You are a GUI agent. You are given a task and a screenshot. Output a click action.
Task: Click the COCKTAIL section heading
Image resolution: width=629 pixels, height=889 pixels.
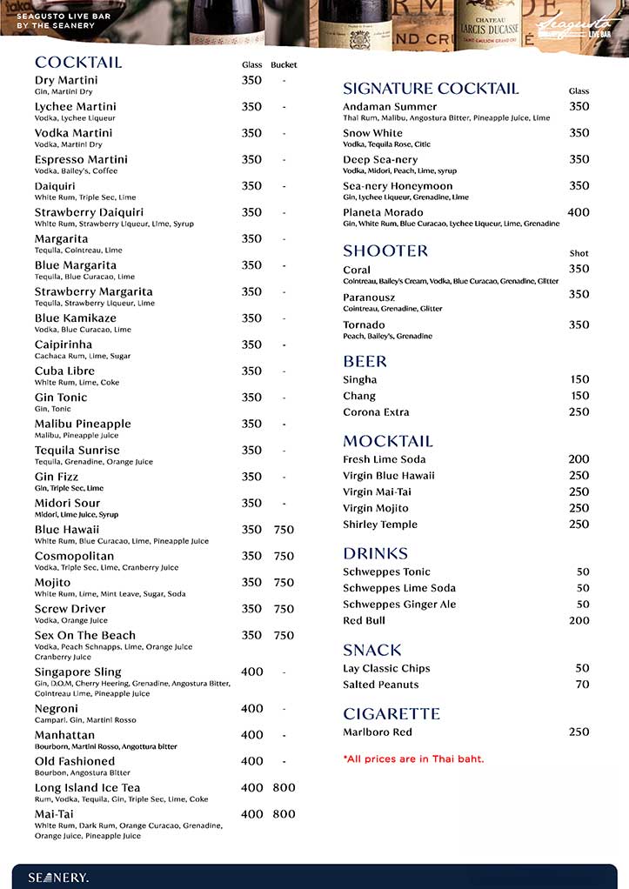[x=78, y=63]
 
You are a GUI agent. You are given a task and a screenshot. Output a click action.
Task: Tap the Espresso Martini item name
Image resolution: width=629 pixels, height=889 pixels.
[x=81, y=159]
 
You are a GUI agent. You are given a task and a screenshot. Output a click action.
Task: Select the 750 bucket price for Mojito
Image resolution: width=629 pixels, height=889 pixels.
[x=284, y=583]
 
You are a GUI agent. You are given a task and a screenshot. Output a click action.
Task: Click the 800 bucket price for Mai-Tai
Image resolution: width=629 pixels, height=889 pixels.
[x=284, y=814]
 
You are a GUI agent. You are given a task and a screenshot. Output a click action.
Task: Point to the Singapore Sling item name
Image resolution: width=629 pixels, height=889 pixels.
[x=77, y=672]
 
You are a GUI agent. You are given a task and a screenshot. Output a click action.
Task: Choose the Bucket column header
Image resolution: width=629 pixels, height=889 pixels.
[x=284, y=65]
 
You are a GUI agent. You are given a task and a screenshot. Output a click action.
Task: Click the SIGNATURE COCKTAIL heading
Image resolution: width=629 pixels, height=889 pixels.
[x=431, y=89]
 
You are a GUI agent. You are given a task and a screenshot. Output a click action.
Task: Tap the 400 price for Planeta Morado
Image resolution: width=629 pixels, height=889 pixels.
[x=578, y=212]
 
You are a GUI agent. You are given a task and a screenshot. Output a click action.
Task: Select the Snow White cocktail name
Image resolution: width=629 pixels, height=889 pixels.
[x=372, y=133]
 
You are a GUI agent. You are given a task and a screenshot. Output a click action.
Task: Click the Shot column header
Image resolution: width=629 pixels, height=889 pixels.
[x=579, y=253]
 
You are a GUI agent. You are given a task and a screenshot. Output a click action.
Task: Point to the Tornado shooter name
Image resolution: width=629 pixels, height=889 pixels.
[x=364, y=325]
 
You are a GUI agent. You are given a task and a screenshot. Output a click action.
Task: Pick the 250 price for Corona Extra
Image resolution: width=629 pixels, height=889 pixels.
[x=579, y=411]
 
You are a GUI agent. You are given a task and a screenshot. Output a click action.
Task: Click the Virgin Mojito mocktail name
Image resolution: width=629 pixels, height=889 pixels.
[x=375, y=508]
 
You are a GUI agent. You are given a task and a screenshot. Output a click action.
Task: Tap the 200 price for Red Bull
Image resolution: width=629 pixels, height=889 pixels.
[x=579, y=620]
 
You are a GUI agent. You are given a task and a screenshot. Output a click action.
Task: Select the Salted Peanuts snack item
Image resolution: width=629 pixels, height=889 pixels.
[x=380, y=685]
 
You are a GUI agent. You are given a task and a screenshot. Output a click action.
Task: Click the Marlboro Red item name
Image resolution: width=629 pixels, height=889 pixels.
[x=378, y=732]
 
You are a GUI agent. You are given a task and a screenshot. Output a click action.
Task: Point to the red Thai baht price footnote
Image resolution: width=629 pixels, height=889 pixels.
[x=413, y=759]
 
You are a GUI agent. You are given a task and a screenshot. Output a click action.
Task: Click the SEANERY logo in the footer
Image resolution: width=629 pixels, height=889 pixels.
[x=58, y=877]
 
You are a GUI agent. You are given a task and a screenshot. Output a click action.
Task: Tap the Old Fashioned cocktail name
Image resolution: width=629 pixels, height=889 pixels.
[x=75, y=761]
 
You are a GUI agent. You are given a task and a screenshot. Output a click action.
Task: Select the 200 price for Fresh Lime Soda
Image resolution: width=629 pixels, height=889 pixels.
[x=579, y=459]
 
